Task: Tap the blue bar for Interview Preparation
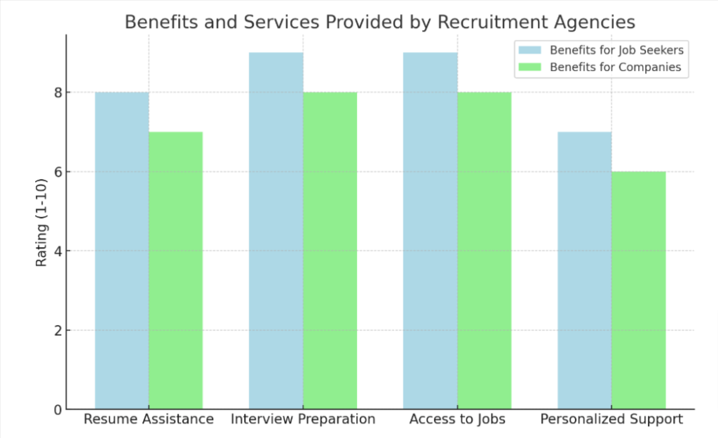point(276,231)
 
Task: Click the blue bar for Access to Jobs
point(430,231)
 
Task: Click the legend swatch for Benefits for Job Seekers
point(529,50)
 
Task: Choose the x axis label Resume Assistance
point(149,420)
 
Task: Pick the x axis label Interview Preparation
point(303,420)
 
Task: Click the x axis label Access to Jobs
point(457,420)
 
